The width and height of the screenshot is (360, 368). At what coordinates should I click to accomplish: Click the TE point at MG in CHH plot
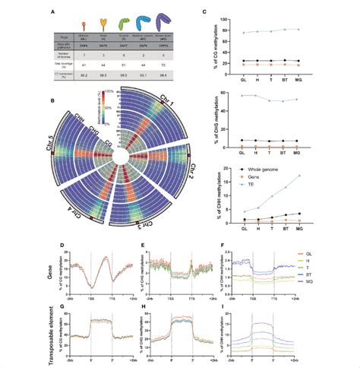(x=302, y=176)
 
